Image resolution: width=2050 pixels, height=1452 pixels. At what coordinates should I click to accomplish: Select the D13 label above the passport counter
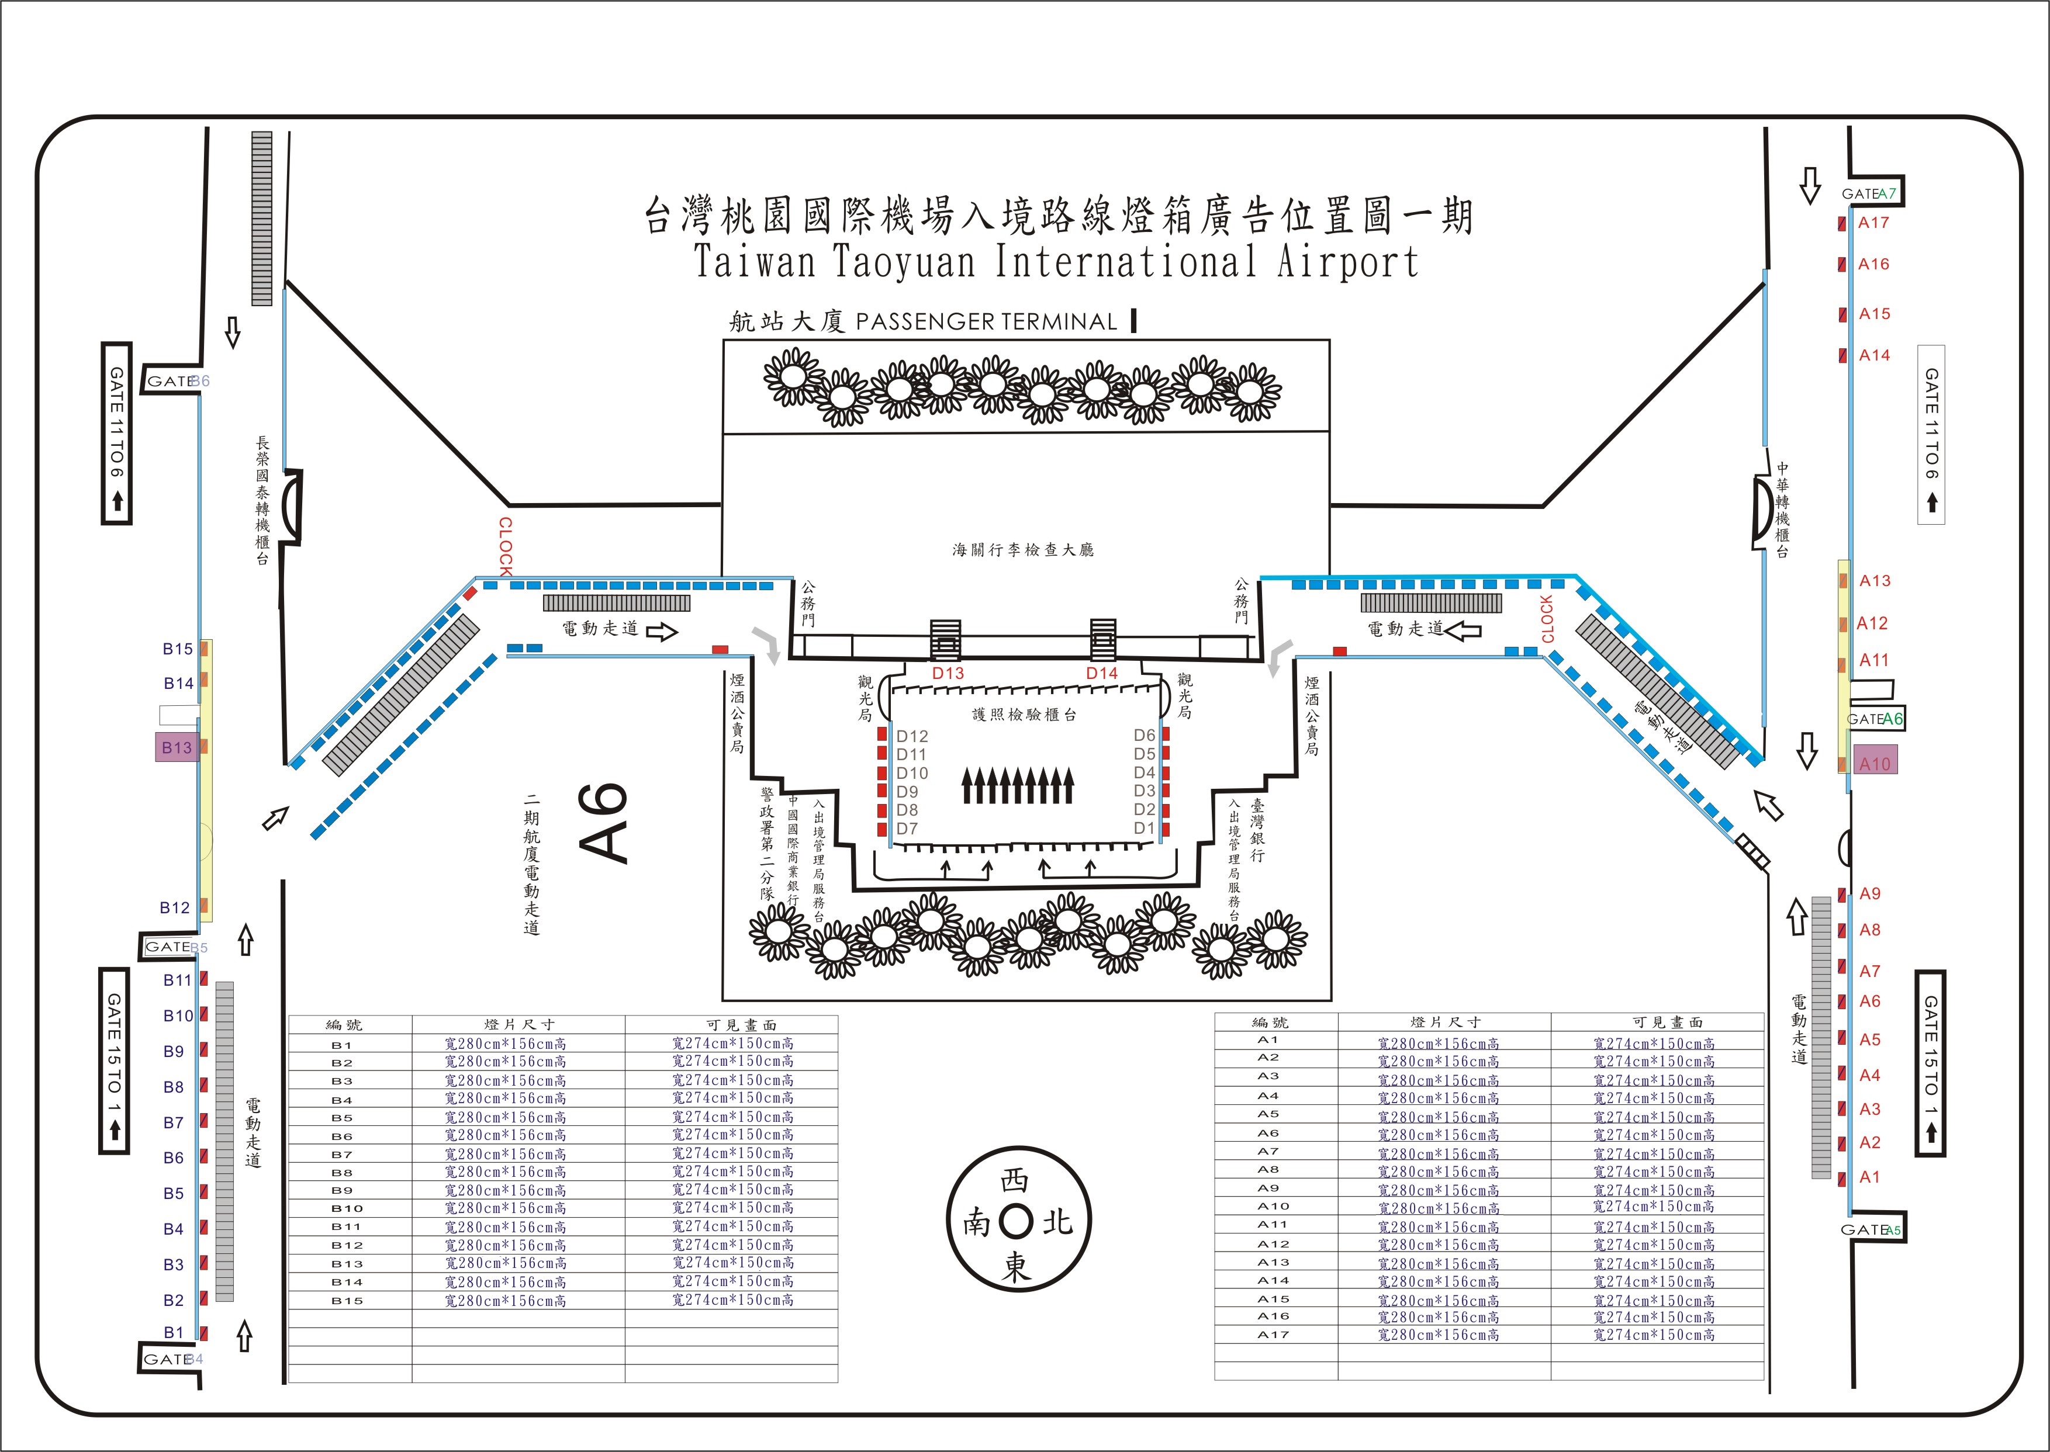coord(948,673)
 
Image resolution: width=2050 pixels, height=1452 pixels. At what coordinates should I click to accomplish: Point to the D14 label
coord(1102,673)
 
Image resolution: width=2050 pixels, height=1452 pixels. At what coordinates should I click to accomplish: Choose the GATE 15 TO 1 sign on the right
coord(1930,1063)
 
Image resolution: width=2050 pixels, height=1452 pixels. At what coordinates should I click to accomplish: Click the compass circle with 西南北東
coord(1017,1221)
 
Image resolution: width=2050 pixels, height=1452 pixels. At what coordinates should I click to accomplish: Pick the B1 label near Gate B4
coord(174,1332)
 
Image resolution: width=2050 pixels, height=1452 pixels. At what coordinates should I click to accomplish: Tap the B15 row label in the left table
coord(347,1301)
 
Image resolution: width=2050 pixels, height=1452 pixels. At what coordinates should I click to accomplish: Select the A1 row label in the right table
coord(1268,1040)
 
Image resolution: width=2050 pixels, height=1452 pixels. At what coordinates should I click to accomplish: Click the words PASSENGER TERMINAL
coord(987,322)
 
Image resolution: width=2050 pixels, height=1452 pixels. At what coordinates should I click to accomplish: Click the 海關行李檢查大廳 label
coord(1023,550)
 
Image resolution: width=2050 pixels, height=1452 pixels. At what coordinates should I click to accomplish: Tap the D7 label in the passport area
coord(907,829)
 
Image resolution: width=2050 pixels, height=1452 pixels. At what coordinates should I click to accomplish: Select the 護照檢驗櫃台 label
coord(1024,715)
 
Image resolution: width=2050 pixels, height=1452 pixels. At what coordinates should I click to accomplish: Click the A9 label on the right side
coord(1870,893)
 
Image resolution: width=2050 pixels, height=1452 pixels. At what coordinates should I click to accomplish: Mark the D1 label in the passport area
coord(1144,828)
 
